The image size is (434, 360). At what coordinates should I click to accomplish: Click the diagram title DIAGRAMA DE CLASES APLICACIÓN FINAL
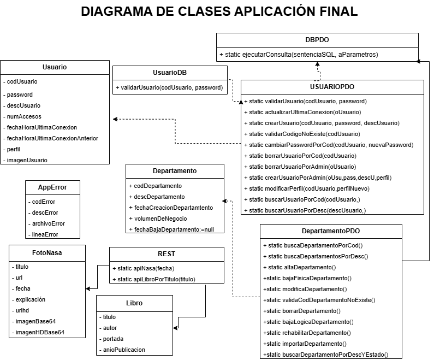pos(219,11)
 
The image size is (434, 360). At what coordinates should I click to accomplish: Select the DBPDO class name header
pos(317,40)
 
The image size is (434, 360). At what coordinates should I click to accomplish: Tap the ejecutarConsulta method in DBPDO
pos(299,55)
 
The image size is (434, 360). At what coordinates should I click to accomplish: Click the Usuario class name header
pos(55,67)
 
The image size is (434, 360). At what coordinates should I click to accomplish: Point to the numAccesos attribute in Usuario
pos(24,116)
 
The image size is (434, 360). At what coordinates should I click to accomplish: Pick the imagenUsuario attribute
pos(27,160)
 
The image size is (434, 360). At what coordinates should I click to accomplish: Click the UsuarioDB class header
pos(170,73)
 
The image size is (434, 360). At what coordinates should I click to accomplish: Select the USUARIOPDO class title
pos(332,87)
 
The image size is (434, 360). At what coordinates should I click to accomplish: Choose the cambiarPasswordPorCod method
pos(331,145)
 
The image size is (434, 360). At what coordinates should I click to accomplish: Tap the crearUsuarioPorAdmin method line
pos(319,178)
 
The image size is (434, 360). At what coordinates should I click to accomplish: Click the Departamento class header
pos(175,170)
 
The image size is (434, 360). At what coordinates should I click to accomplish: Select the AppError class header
pos(53,187)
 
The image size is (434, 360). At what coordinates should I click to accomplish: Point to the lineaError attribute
pos(45,234)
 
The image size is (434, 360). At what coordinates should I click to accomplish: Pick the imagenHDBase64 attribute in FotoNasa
pos(40,332)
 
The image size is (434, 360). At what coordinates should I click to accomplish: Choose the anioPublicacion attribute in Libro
pos(124,349)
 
